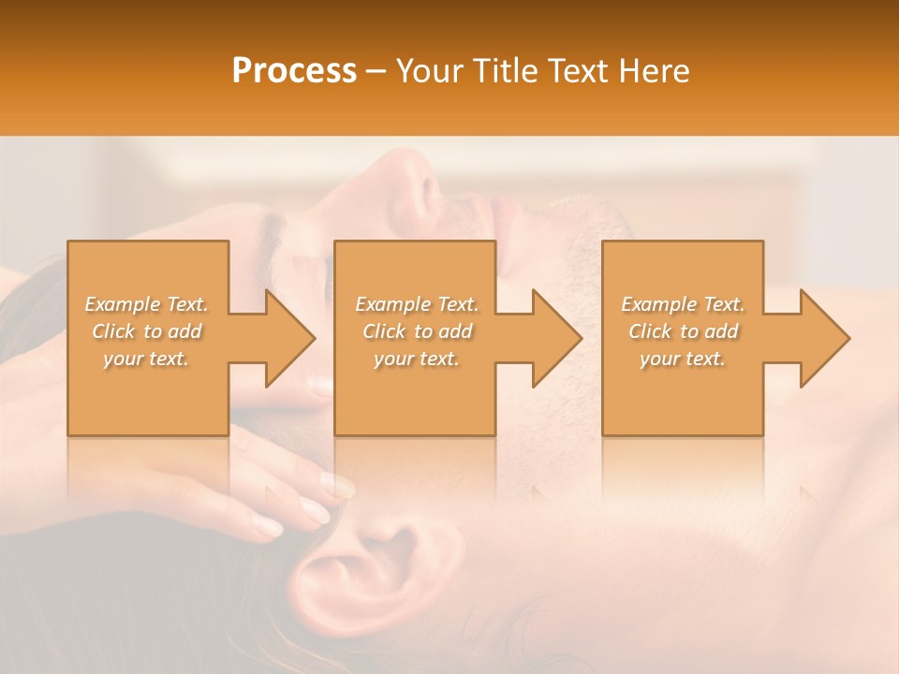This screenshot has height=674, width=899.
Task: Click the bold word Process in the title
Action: (x=294, y=71)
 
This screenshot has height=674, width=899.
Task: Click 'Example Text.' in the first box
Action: (x=147, y=304)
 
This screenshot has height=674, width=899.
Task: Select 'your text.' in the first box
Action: (x=147, y=359)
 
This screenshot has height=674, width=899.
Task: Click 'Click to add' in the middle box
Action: (x=417, y=331)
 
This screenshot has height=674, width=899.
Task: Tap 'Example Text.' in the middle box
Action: (x=417, y=304)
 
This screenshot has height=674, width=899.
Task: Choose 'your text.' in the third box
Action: (x=683, y=359)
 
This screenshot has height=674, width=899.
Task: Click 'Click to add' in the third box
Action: (x=683, y=331)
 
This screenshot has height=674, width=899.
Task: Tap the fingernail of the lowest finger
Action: (x=269, y=526)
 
